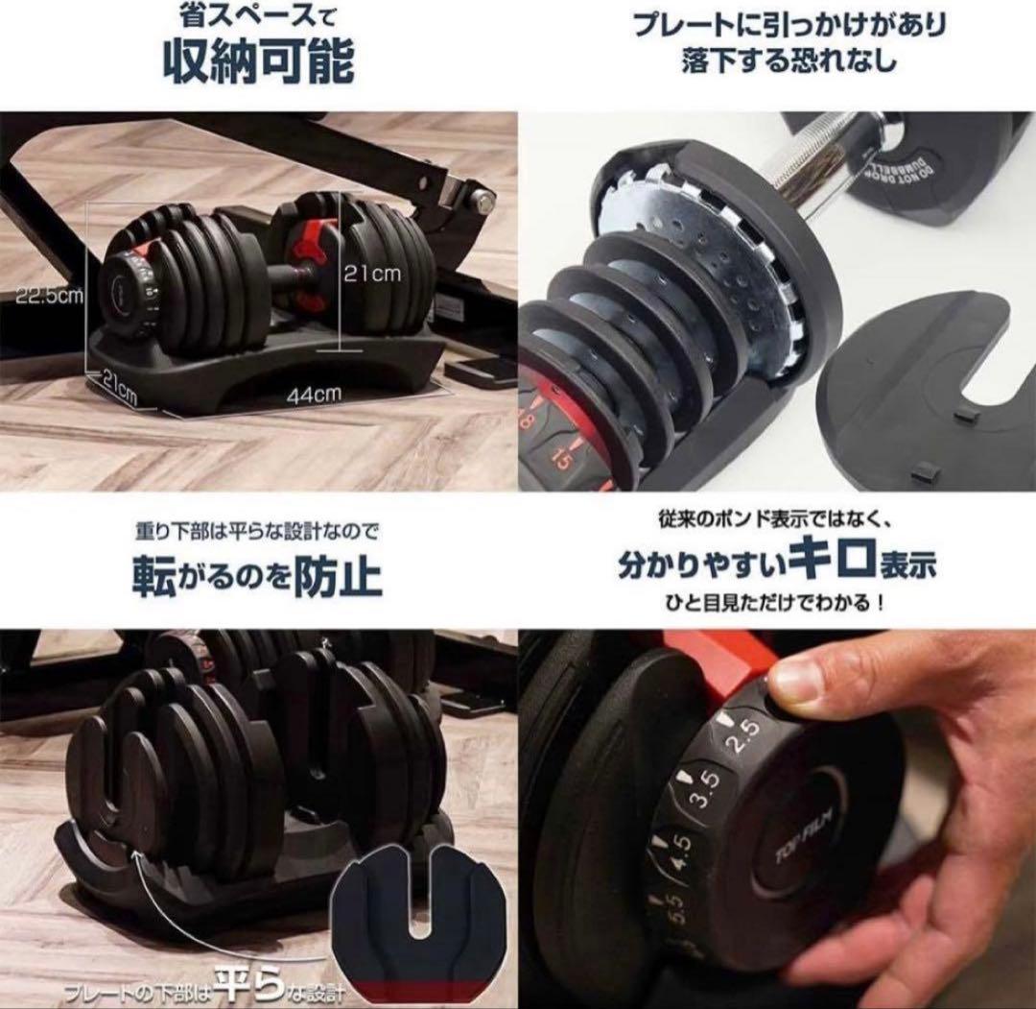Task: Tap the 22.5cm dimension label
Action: coord(46,295)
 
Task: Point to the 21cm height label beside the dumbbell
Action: coord(372,274)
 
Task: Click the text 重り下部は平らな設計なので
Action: coord(257,530)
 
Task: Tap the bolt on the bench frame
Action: coord(483,200)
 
